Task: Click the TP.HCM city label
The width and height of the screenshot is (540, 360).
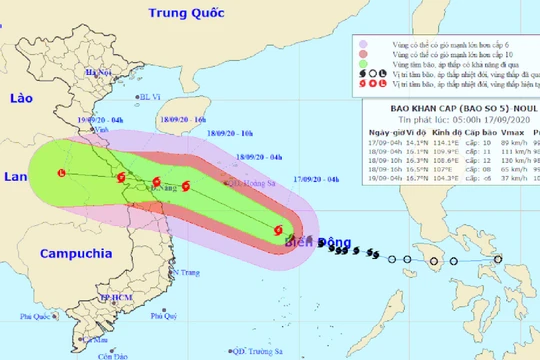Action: pyautogui.click(x=93, y=298)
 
